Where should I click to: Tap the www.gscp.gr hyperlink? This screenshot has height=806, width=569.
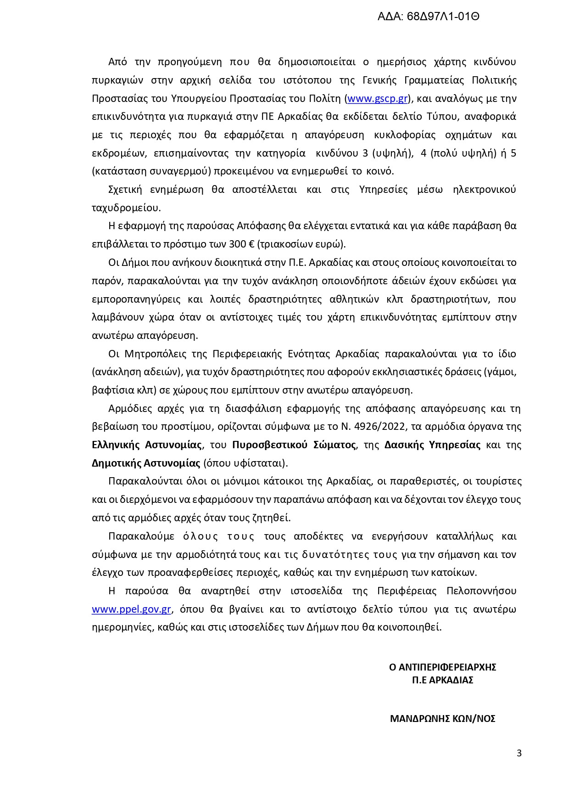377,99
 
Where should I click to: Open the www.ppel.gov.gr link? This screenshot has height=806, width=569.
131,609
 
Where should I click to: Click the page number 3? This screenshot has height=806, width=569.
519,753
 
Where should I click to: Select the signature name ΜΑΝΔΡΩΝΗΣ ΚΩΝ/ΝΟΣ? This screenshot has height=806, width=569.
442,719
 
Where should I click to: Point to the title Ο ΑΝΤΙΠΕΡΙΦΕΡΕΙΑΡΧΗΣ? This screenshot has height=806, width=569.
442,667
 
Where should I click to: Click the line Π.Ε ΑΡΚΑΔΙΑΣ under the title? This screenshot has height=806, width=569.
442,680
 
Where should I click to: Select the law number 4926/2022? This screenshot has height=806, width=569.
380,427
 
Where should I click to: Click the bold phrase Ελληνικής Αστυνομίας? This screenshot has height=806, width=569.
147,445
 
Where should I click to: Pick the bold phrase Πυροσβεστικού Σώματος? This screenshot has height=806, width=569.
294,445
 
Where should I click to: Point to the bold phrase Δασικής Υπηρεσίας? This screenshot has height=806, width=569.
432,445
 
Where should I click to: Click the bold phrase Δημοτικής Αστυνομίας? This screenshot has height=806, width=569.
146,463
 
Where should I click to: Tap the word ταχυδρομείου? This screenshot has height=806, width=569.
126,208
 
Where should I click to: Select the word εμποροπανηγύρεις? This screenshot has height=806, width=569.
136,299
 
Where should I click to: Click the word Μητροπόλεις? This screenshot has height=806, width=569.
153,354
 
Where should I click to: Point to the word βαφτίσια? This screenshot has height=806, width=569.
108,390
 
